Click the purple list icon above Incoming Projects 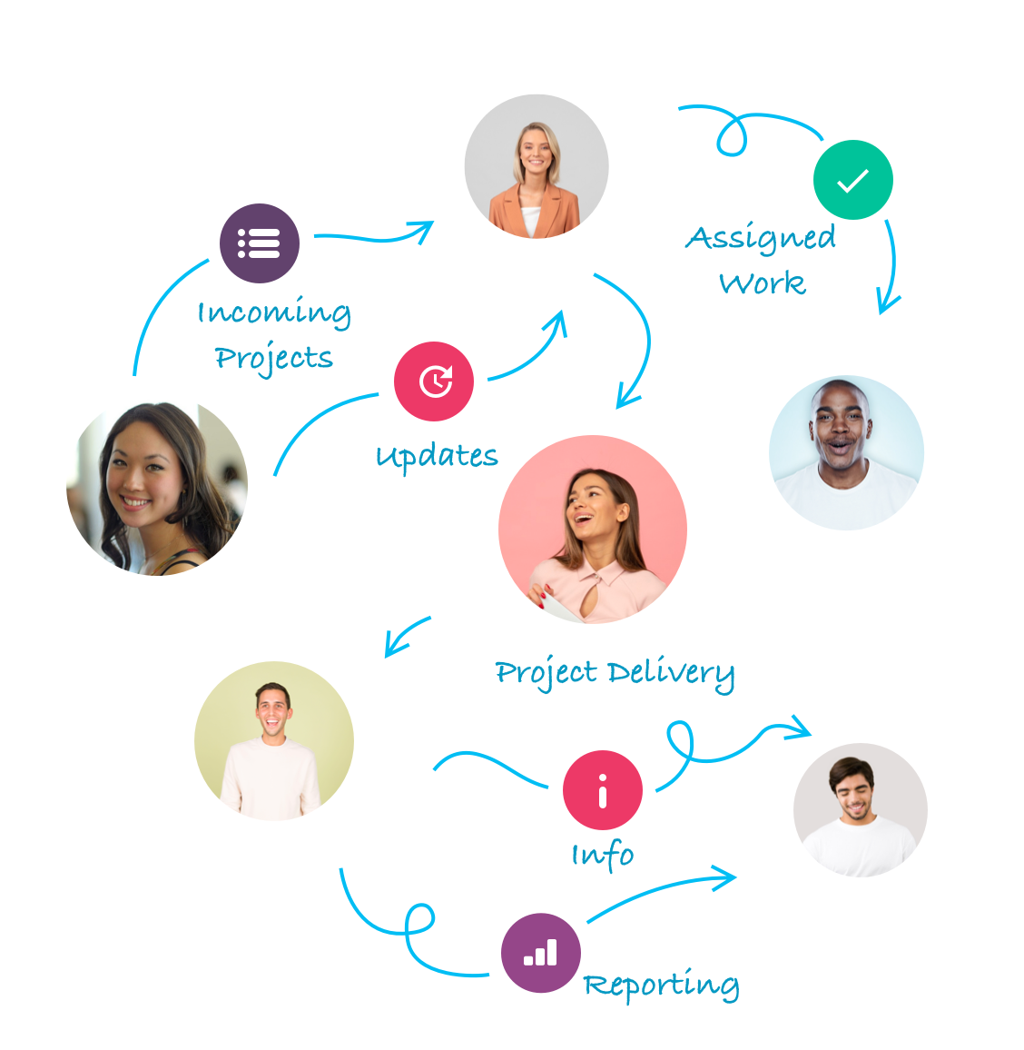(x=260, y=243)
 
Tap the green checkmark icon (x=853, y=180)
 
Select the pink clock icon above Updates (x=434, y=381)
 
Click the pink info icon (x=603, y=790)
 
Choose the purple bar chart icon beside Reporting (x=540, y=953)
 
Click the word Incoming (x=274, y=313)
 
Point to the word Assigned (x=761, y=239)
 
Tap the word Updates (x=437, y=455)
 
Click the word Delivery (x=671, y=674)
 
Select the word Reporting (x=661, y=986)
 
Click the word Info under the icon (x=603, y=855)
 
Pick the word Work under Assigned (x=763, y=283)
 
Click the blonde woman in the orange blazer (x=537, y=167)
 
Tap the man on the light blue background (x=846, y=452)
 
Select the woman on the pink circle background (x=593, y=530)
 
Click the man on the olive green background (x=273, y=741)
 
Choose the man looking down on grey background (x=860, y=810)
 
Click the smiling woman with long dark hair (x=158, y=489)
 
